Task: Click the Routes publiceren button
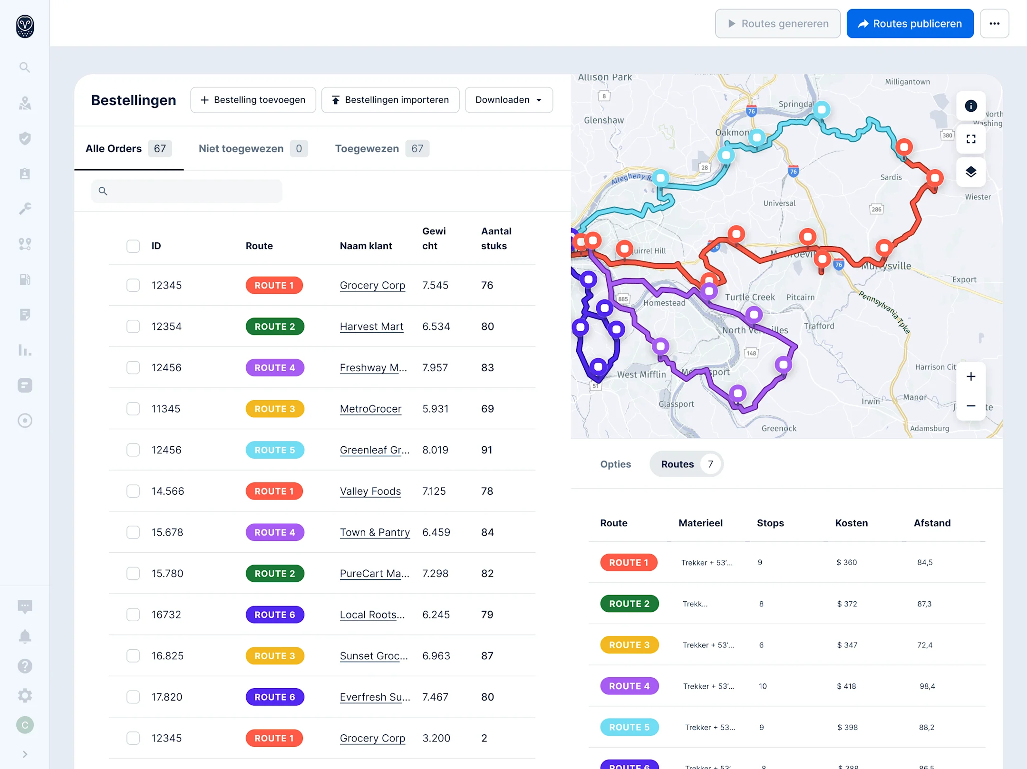pos(910,24)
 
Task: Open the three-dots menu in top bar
pos(994,24)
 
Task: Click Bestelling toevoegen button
pos(253,100)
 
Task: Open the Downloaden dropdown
pos(508,100)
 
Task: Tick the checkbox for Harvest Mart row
pos(133,327)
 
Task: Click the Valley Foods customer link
pos(370,491)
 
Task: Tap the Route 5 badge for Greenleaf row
pos(274,450)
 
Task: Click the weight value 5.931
pos(435,409)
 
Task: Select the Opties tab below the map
pos(615,464)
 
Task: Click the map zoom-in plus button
pos(970,377)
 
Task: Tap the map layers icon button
pos(970,172)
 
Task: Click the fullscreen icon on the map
pos(970,139)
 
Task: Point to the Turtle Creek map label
pos(749,297)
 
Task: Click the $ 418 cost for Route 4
pos(846,686)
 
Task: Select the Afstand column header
pos(931,523)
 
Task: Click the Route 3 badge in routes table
pos(629,645)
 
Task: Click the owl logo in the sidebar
pos(25,26)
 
